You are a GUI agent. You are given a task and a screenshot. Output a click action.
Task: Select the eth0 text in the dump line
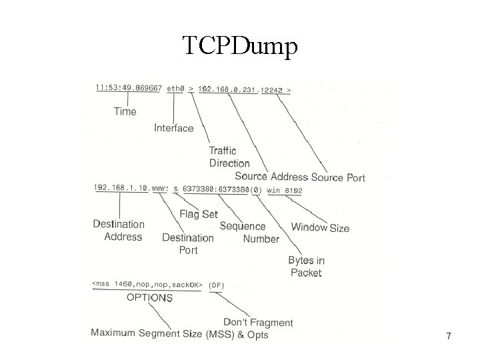[175, 87]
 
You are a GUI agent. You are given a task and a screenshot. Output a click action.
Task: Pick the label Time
[125, 111]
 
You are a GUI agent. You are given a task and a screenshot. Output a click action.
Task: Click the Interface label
[173, 128]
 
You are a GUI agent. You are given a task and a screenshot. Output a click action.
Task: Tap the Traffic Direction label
[229, 157]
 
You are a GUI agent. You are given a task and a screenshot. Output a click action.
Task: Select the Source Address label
[271, 177]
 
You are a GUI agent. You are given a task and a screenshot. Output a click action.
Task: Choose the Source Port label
[338, 177]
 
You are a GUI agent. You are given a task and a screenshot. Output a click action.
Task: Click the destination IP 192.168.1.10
[121, 188]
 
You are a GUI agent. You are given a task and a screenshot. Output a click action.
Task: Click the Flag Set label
[199, 214]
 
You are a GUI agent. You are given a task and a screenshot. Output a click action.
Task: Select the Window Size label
[320, 227]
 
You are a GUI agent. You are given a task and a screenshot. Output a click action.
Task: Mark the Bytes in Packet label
[306, 267]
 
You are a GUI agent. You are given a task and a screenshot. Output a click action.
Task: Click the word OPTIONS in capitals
[149, 297]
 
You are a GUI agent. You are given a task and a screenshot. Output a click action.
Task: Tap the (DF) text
[217, 285]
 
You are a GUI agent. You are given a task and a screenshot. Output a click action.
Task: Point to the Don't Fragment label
[258, 322]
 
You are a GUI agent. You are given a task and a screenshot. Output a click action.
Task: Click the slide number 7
[449, 337]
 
